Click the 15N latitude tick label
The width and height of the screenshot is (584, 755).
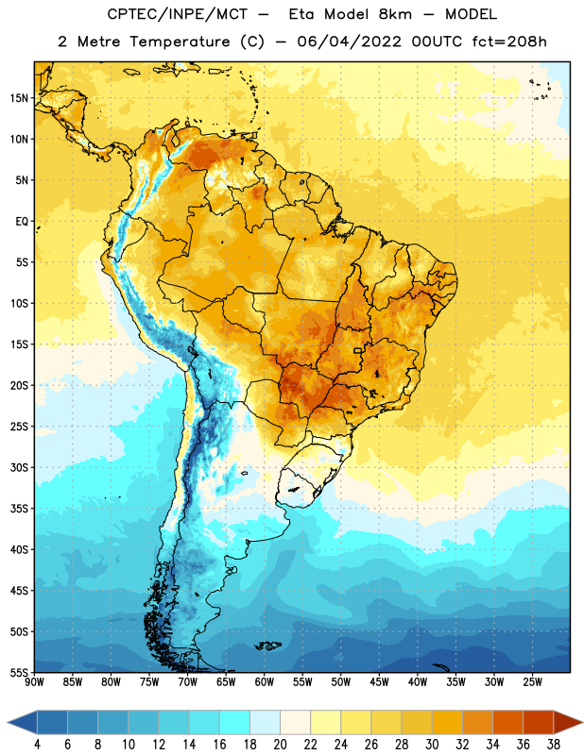[x=19, y=98]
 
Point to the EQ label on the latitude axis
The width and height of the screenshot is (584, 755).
[x=22, y=222]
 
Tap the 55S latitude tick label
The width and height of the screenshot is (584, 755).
[x=19, y=672]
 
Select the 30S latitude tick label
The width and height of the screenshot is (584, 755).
[x=19, y=467]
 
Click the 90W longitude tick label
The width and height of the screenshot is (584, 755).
[x=34, y=682]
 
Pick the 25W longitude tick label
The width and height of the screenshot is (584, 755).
[x=532, y=682]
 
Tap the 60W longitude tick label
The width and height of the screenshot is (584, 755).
[x=265, y=682]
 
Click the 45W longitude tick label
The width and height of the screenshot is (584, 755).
[x=380, y=682]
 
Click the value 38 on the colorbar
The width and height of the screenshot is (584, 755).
[x=554, y=745]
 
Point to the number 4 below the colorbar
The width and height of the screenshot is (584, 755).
[x=37, y=745]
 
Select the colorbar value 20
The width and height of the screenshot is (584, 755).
[x=280, y=745]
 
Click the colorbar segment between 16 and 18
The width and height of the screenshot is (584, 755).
[x=235, y=723]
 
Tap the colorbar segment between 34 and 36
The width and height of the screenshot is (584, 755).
[x=508, y=723]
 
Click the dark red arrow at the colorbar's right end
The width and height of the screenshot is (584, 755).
[x=568, y=723]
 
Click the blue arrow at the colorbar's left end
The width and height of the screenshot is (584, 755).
[x=22, y=723]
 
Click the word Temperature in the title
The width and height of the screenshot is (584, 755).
[x=180, y=42]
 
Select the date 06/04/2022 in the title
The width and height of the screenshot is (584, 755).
[x=349, y=42]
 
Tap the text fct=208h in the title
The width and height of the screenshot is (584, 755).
[x=509, y=42]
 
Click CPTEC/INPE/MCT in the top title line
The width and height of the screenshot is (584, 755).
[x=178, y=14]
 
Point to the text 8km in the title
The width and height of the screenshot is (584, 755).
[x=395, y=14]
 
